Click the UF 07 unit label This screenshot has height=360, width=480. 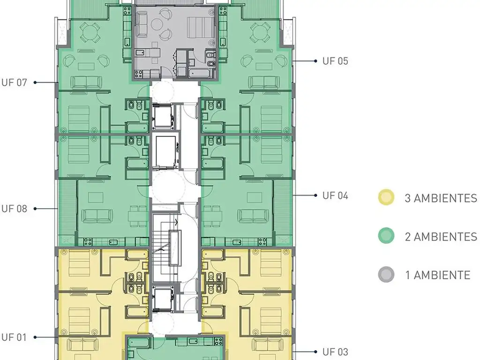pyautogui.click(x=14, y=82)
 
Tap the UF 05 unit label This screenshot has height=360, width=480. pyautogui.click(x=335, y=61)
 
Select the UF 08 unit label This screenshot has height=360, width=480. pyautogui.click(x=14, y=209)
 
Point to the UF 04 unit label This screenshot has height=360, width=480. pyautogui.click(x=335, y=195)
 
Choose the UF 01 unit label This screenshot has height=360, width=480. pyautogui.click(x=14, y=337)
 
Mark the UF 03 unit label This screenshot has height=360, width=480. pyautogui.click(x=335, y=352)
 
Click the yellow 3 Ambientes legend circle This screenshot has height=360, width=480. pyautogui.click(x=386, y=197)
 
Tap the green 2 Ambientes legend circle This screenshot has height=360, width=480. pyautogui.click(x=386, y=236)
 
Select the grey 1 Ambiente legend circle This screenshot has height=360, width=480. pyautogui.click(x=386, y=275)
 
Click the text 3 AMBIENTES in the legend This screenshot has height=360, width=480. pyautogui.click(x=441, y=198)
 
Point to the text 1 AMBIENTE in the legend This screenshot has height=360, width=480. pyautogui.click(x=438, y=275)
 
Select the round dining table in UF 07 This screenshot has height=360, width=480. pyautogui.click(x=90, y=32)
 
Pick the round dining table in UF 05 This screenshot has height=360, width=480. pyautogui.click(x=260, y=32)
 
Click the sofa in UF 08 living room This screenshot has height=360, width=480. pyautogui.click(x=97, y=216)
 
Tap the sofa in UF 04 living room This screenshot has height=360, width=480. pyautogui.click(x=253, y=216)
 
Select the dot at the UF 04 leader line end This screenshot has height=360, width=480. pyautogui.click(x=315, y=195)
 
